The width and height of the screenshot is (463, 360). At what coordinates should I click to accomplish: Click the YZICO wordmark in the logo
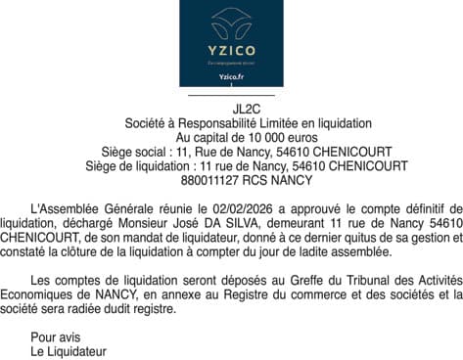coord(231,49)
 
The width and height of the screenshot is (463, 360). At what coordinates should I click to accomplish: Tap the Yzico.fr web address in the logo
coord(231,76)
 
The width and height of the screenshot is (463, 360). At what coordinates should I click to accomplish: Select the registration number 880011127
coord(208,180)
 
